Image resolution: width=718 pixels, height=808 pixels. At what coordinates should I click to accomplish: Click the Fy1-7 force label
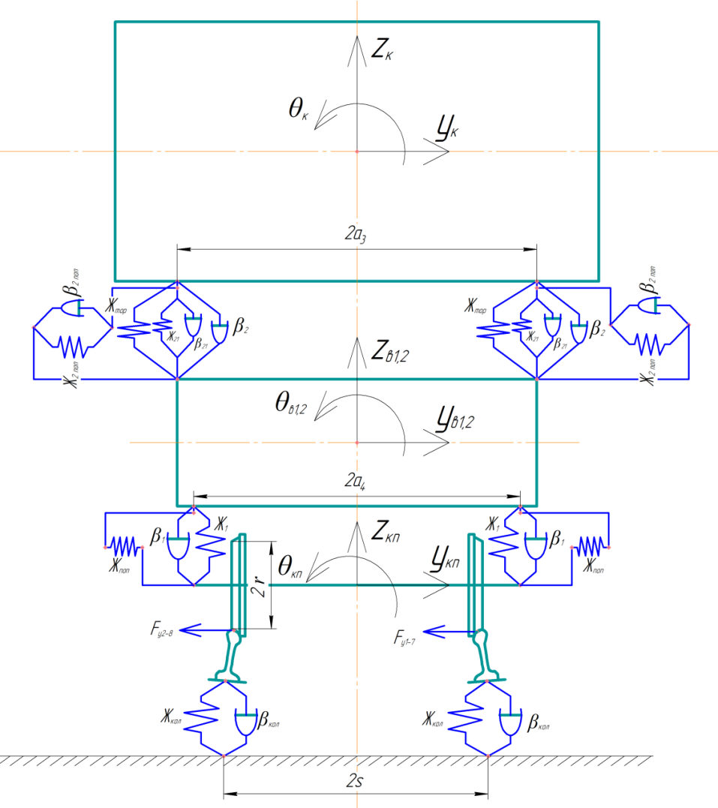point(411,638)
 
